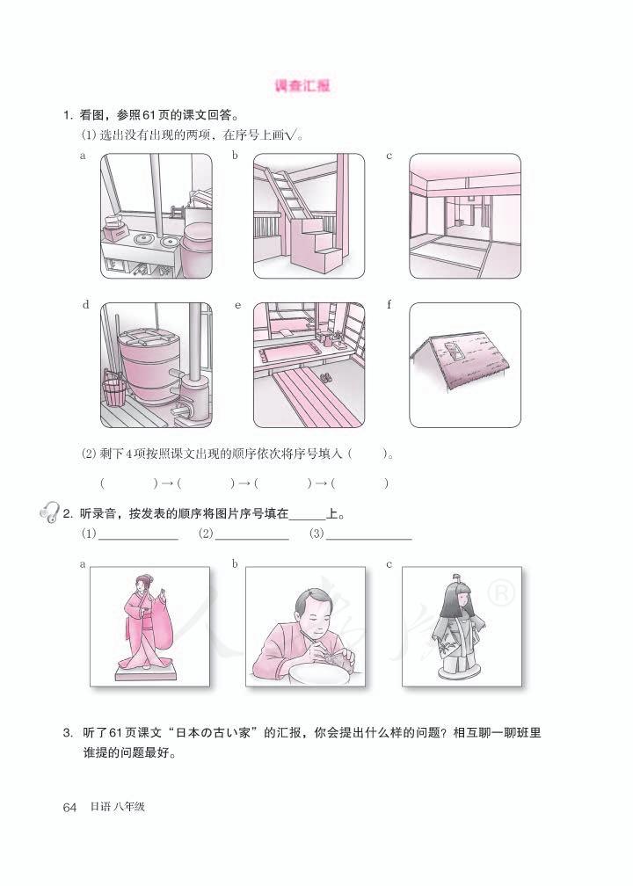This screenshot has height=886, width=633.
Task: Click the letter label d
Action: (x=85, y=306)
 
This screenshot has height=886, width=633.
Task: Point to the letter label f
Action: (x=389, y=306)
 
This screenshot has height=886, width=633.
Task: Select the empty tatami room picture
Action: (x=465, y=215)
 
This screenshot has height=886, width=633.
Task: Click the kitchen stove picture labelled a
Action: (x=155, y=215)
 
